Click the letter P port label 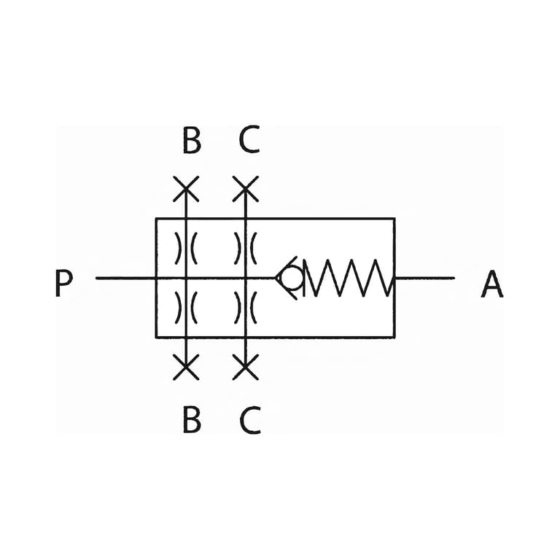(64, 283)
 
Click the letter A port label (492, 284)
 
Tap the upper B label (192, 140)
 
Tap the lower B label (192, 420)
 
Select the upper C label (249, 140)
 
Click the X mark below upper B (186, 189)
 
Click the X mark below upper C (245, 189)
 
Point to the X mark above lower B (186, 367)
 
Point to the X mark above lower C (245, 367)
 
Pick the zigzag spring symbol (349, 278)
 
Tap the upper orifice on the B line (186, 248)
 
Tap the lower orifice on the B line (186, 308)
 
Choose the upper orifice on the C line (245, 248)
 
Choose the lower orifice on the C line (245, 308)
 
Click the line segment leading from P (126, 278)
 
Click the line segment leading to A (424, 278)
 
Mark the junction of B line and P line (186, 278)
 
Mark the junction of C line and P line (245, 278)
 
